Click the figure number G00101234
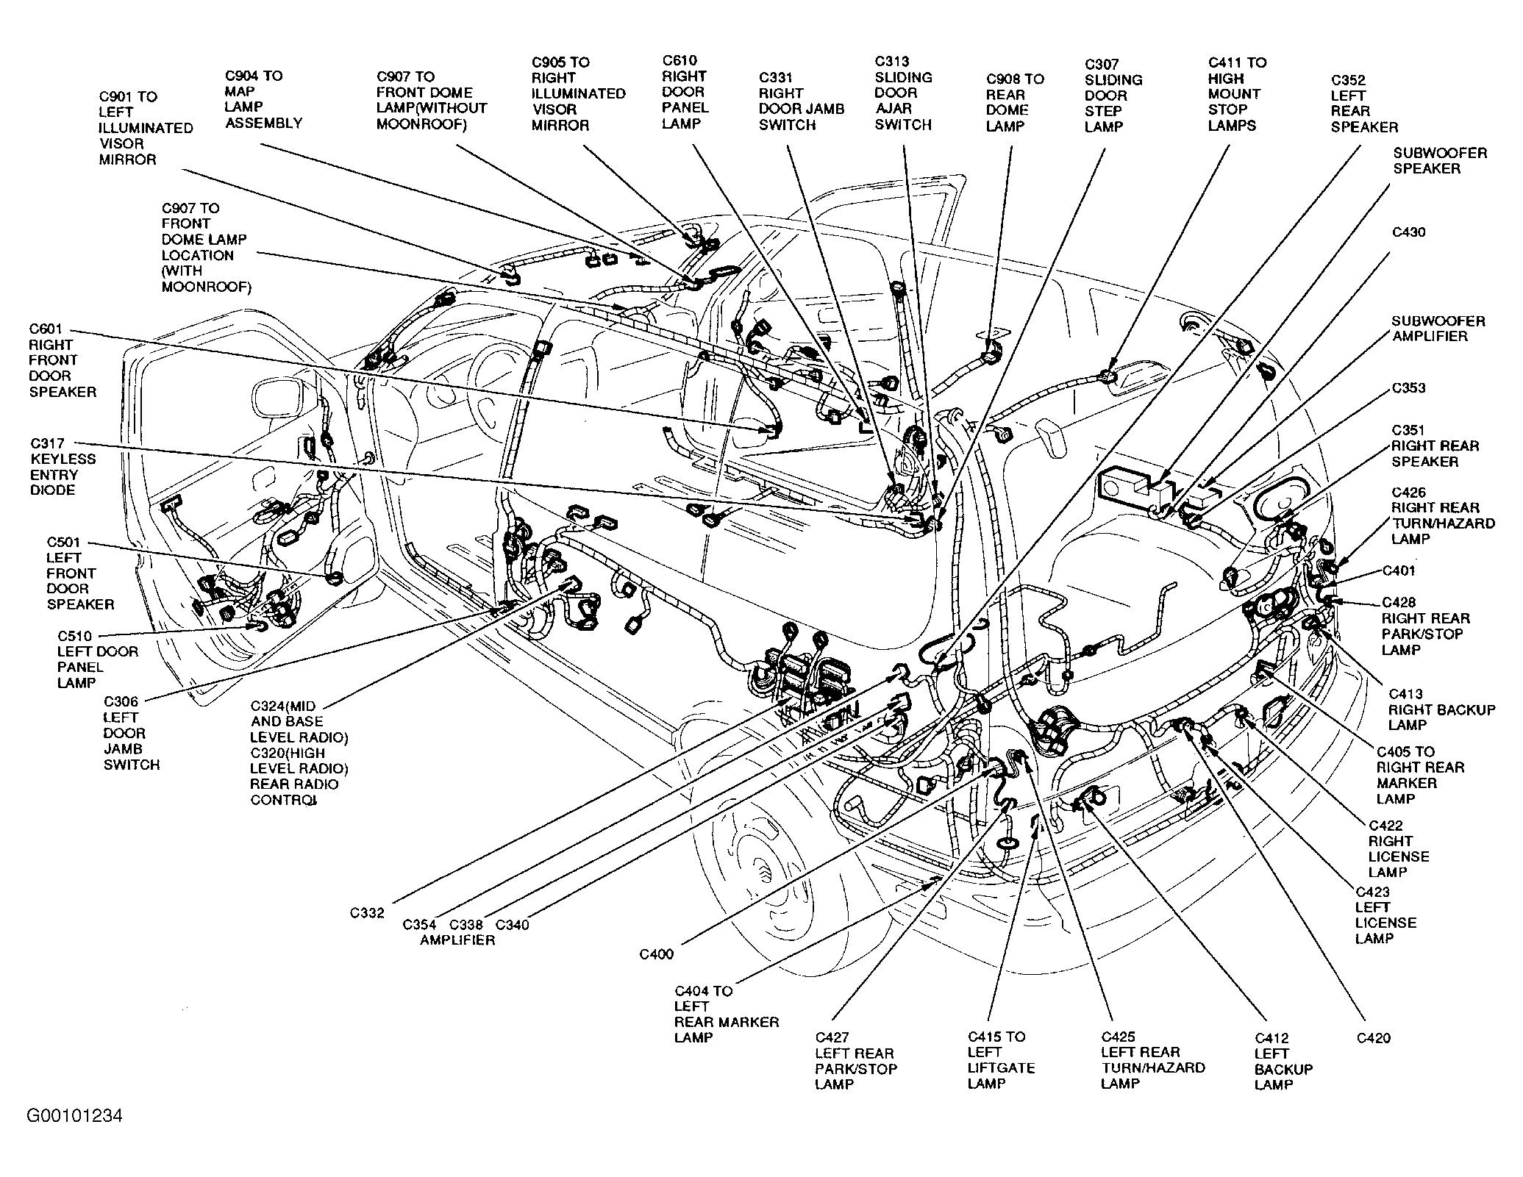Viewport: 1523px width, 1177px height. pyautogui.click(x=75, y=1116)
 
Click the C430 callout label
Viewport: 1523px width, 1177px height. pyautogui.click(x=1409, y=232)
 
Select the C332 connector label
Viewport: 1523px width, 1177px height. pyautogui.click(x=367, y=913)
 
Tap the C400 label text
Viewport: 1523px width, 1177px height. pyautogui.click(x=656, y=954)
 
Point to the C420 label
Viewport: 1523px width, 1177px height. pyautogui.click(x=1374, y=1038)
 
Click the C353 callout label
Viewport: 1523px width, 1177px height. pyautogui.click(x=1408, y=387)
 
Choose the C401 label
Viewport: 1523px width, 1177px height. pyautogui.click(x=1399, y=570)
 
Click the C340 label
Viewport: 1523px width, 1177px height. pyautogui.click(x=513, y=925)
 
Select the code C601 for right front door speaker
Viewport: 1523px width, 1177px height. pyautogui.click(x=46, y=329)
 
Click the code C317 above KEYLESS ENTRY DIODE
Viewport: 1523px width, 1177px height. pyautogui.click(x=47, y=443)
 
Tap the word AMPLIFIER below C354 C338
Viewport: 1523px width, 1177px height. pyautogui.click(x=457, y=940)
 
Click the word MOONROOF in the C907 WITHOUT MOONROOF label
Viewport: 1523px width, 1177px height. pyautogui.click(x=421, y=124)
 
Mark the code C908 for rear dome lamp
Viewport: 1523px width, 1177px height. pyautogui.click(x=1004, y=79)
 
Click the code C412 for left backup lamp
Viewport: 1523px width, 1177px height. pyautogui.click(x=1271, y=1038)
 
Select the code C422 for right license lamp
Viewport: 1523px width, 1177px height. pyautogui.click(x=1385, y=826)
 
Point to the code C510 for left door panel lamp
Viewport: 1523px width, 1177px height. pyautogui.click(x=75, y=636)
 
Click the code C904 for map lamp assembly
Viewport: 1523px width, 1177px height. pyautogui.click(x=243, y=76)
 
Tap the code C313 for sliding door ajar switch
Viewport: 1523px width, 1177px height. pyautogui.click(x=891, y=62)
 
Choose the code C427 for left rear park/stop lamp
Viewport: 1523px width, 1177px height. pyautogui.click(x=832, y=1037)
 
